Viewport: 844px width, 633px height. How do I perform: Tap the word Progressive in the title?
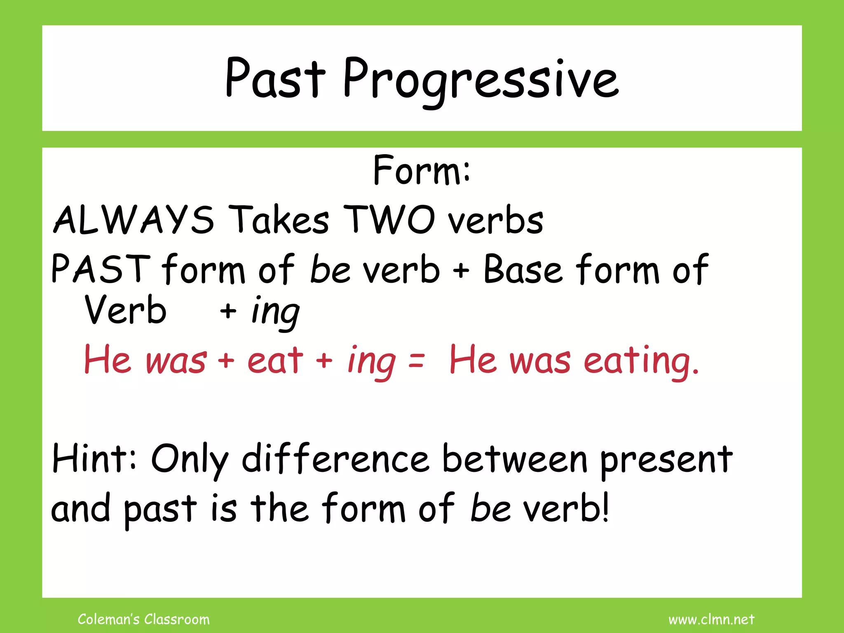tap(480, 80)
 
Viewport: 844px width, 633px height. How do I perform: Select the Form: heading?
tap(421, 170)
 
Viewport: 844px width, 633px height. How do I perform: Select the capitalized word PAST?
tap(101, 269)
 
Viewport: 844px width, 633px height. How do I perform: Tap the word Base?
tap(523, 269)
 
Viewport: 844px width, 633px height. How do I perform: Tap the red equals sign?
tap(416, 361)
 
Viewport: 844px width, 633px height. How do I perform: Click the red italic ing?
tap(372, 361)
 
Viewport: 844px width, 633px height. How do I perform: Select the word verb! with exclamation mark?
tap(567, 508)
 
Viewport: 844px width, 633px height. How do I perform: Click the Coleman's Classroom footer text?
tap(143, 619)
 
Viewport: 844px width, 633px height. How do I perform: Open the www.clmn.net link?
tap(711, 619)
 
